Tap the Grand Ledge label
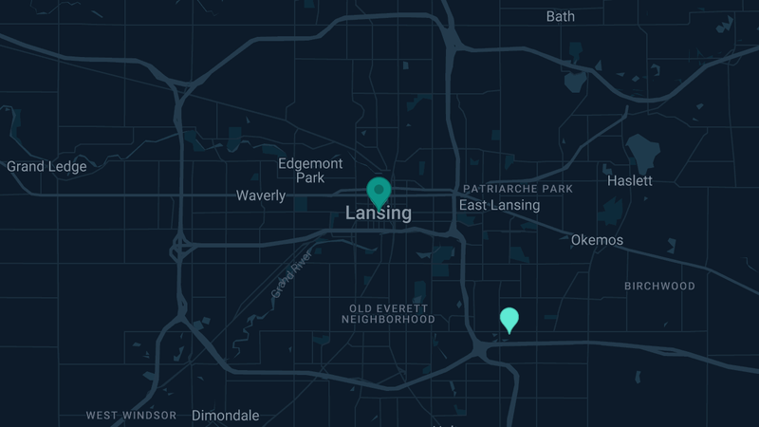coord(46,167)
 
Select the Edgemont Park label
coord(310,170)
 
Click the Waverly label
coord(261,195)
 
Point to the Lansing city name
coord(379,213)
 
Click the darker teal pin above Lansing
coord(379,191)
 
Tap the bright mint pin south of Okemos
coord(509,319)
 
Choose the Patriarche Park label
coord(518,189)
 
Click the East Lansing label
coord(499,205)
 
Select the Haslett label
coord(629,180)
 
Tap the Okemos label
coord(597,240)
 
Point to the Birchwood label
coord(659,286)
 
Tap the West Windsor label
coord(131,415)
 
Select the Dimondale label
coord(225,415)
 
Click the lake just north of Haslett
coord(643,150)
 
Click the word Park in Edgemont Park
coord(310,177)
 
